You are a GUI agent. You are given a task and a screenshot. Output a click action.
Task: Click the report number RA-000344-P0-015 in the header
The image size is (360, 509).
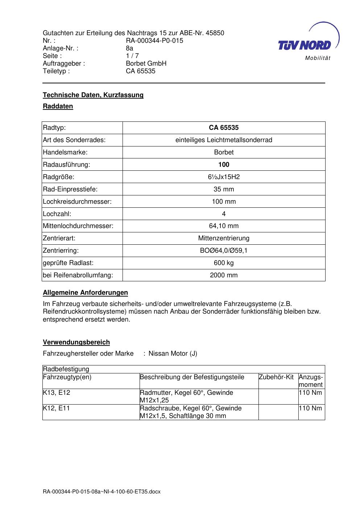pos(154,41)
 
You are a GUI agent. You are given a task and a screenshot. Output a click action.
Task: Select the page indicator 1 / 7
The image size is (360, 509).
pos(132,56)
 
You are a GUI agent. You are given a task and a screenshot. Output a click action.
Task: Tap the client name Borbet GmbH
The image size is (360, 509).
pos(146,63)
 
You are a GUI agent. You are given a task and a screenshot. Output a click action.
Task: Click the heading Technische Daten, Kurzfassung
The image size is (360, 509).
pos(93,95)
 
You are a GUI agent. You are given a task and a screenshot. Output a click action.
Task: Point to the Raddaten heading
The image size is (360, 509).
pos(58,106)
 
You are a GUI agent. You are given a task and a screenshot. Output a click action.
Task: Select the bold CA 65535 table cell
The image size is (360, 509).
pos(224,128)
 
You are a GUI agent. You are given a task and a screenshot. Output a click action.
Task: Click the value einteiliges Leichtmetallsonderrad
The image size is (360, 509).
pos(224,140)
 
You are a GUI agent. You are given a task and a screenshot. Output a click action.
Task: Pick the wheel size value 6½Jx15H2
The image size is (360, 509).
pos(224,177)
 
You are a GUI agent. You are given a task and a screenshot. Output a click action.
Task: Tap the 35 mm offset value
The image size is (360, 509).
pos(224,189)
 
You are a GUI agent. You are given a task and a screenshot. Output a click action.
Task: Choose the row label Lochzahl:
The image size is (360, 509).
pos(57,214)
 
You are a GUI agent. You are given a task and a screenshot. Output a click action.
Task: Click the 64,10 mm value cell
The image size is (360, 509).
pos(224,226)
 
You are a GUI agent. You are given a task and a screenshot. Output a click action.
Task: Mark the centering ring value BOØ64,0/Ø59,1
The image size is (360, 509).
pos(224,251)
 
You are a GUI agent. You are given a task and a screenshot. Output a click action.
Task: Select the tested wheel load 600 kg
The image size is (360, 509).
pos(224,263)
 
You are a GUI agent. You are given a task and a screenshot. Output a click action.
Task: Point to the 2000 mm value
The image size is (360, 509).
pos(224,275)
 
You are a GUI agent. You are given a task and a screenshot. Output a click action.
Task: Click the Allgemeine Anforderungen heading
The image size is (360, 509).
pos(86,293)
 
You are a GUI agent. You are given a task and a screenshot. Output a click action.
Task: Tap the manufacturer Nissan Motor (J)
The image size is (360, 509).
pos(173,353)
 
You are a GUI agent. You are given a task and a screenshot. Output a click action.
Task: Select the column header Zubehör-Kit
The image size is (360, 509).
pos(276,377)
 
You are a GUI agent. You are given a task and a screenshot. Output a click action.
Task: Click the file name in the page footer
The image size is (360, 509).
pos(102,492)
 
